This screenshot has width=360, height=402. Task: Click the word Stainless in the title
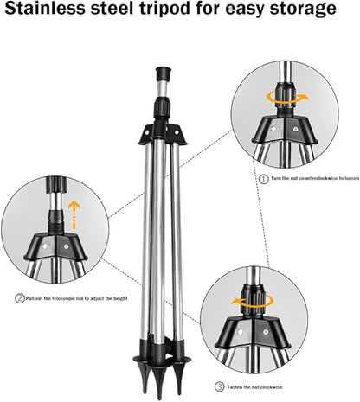[53, 11]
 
